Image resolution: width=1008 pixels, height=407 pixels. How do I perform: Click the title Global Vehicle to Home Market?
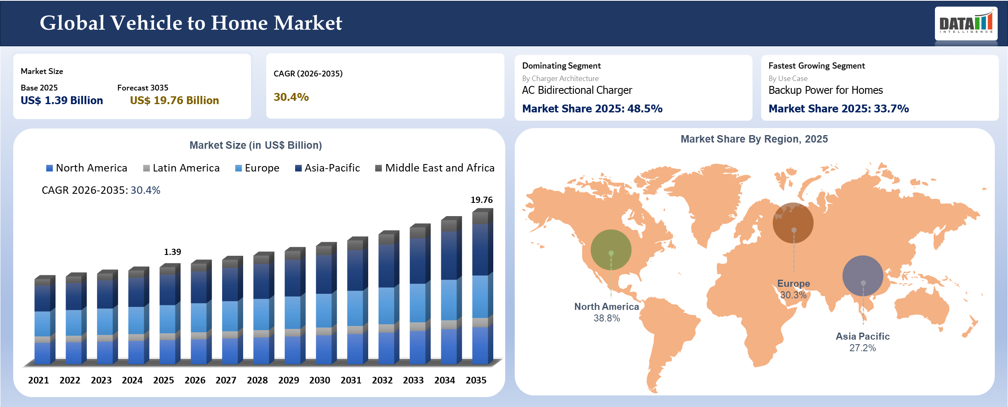click(x=191, y=23)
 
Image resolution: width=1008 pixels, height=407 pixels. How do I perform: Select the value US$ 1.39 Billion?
click(x=62, y=100)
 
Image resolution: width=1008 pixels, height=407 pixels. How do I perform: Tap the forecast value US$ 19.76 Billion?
click(x=174, y=100)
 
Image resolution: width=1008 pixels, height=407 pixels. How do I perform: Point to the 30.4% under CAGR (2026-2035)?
click(x=291, y=97)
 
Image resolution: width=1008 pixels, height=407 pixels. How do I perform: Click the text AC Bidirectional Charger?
click(x=577, y=90)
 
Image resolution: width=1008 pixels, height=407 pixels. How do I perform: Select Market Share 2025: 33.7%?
click(x=838, y=109)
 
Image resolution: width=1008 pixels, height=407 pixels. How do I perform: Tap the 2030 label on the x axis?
click(x=319, y=380)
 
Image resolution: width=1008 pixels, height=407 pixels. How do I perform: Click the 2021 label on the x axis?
click(x=38, y=380)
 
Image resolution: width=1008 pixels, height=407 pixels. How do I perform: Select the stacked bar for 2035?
click(x=482, y=289)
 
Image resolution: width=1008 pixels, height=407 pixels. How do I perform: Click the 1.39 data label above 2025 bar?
click(x=172, y=252)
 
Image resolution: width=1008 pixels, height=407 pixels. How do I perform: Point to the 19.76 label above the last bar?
click(x=481, y=200)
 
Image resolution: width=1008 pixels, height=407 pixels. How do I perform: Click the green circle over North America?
click(x=611, y=250)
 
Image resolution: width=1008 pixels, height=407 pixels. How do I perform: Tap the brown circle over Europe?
click(x=793, y=223)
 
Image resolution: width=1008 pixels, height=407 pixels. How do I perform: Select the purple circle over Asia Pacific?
click(x=863, y=276)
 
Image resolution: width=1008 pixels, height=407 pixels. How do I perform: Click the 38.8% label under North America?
click(x=607, y=318)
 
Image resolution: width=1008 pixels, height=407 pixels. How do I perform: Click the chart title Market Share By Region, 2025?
click(x=754, y=139)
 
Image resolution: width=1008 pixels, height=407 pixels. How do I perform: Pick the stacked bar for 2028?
click(x=263, y=310)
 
